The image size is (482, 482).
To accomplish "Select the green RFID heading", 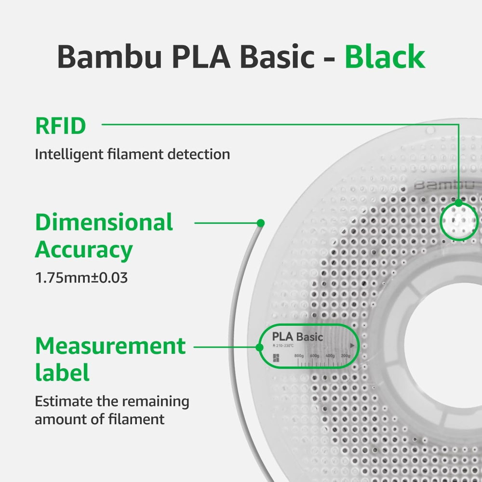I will tap(61, 126).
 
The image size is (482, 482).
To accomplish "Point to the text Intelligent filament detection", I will tap(132, 155).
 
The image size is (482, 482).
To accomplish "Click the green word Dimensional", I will tap(104, 222).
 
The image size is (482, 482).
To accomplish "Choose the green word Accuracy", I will tap(84, 250).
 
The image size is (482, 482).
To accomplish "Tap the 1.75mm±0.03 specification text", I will tap(81, 278).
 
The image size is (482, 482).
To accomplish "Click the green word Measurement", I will tap(110, 346).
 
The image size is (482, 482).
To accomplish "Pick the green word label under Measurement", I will tap(62, 374).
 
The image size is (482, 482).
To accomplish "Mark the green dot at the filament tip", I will tap(261, 223).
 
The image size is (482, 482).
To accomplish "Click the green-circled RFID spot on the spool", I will tap(459, 220).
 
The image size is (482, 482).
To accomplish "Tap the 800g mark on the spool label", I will tap(299, 356).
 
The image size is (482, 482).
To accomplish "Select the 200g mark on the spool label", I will tap(345, 356).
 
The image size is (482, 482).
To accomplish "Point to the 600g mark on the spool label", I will tap(314, 356).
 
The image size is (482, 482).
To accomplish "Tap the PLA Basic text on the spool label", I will tap(297, 336).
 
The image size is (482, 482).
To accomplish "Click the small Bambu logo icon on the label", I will tap(276, 357).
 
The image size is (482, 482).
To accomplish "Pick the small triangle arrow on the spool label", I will tap(352, 345).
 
